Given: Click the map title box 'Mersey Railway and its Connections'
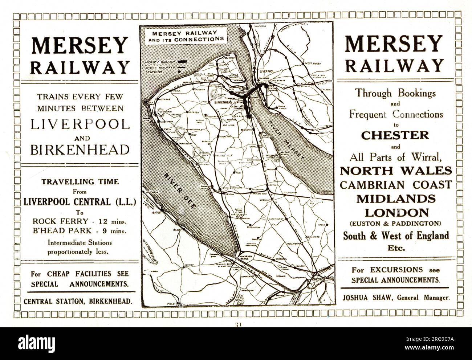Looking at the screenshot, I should tap(184, 35).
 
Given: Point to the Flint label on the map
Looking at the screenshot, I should tap(177, 230).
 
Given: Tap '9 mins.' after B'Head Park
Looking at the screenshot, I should tap(118, 230).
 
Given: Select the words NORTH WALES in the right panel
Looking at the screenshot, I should tap(396, 171).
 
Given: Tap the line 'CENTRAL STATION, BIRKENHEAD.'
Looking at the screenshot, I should tap(77, 301).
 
